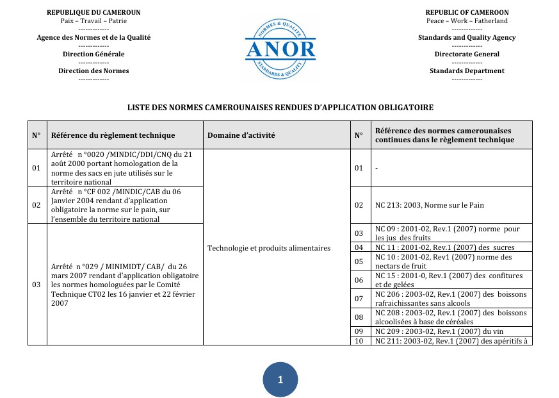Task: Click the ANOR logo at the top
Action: coord(280,49)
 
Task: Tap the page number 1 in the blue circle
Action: coord(280,380)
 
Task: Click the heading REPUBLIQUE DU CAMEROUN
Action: coord(93,12)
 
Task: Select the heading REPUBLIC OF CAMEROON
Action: coord(467,12)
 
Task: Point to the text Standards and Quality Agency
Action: coord(467,37)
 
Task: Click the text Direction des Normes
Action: coord(93,70)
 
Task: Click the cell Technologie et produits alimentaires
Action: coord(269,248)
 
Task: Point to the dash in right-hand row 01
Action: coord(377,168)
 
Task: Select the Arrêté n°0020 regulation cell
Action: coord(122,168)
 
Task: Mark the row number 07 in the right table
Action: coord(359,299)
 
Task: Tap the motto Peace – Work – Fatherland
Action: coord(467,21)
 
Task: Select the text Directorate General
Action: coord(467,54)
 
